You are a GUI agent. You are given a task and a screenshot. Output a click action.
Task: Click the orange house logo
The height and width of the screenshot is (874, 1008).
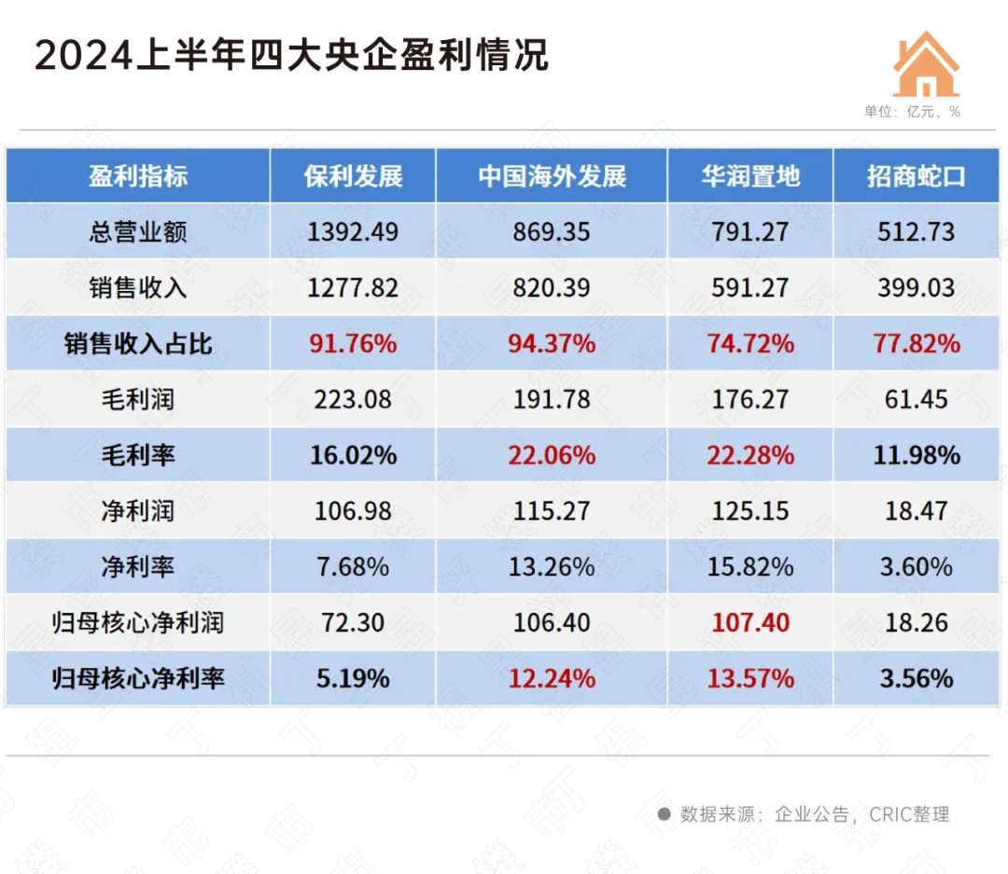click(x=926, y=64)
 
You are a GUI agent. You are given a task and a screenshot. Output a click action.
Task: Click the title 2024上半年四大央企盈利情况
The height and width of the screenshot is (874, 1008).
click(x=291, y=55)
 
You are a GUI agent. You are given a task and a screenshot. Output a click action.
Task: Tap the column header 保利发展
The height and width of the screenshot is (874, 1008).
click(x=353, y=176)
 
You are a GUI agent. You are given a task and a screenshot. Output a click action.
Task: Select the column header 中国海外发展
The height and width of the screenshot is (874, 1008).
click(x=552, y=176)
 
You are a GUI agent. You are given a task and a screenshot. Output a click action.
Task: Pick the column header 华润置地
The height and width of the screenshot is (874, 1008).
click(x=750, y=176)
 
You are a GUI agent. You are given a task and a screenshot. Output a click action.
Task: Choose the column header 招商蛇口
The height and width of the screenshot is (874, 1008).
click(x=916, y=176)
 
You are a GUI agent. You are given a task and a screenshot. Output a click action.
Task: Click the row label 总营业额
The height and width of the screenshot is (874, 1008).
click(x=137, y=231)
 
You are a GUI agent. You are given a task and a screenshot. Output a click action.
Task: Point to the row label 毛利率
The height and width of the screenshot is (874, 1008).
click(x=137, y=455)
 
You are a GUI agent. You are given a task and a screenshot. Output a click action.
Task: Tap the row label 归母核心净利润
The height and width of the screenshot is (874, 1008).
click(x=137, y=622)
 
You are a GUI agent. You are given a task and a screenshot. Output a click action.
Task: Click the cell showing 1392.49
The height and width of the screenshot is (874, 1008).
click(x=353, y=231)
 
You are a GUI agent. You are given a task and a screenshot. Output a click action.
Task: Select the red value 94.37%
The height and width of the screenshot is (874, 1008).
click(x=552, y=343)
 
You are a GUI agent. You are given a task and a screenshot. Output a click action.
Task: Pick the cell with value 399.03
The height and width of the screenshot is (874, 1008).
click(x=916, y=287)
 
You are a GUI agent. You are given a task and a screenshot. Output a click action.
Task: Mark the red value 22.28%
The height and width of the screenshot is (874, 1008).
click(x=750, y=455)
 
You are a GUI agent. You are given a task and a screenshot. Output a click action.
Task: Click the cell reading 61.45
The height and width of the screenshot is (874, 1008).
click(x=916, y=399)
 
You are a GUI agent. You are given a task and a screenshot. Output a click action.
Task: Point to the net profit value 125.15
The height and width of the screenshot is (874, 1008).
click(x=750, y=511)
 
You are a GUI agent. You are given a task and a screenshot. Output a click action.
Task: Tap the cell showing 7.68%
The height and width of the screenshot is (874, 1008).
click(x=353, y=566)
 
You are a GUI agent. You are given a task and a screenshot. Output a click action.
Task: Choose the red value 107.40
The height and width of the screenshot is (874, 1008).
click(x=750, y=622)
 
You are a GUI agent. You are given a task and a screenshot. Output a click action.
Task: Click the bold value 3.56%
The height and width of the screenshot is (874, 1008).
click(x=916, y=678)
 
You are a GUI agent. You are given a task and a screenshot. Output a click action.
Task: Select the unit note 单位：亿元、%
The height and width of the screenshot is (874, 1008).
click(x=911, y=112)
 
